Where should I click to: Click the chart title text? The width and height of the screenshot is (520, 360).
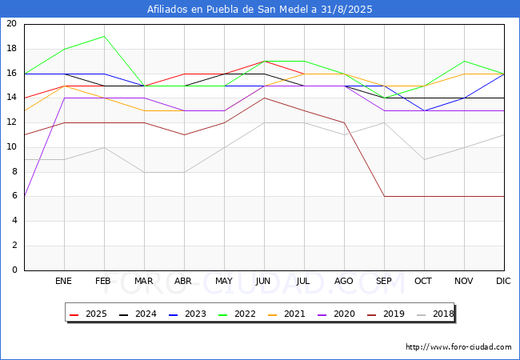(260, 10)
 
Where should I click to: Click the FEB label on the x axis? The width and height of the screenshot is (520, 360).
(104, 282)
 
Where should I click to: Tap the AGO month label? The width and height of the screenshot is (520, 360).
(344, 282)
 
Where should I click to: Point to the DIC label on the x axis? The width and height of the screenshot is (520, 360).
(504, 282)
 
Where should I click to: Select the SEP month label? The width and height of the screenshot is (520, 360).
(384, 282)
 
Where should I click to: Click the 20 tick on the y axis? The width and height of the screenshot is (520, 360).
(11, 24)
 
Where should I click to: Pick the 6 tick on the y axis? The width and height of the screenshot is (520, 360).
(14, 196)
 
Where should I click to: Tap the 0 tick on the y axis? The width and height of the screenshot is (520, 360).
(14, 270)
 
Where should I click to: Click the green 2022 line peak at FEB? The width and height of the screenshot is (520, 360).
(104, 36)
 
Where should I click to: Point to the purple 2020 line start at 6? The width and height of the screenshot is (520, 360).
(25, 196)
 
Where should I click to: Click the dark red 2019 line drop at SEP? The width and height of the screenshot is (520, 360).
(384, 196)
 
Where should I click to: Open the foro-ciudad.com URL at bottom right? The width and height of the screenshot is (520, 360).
(458, 347)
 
